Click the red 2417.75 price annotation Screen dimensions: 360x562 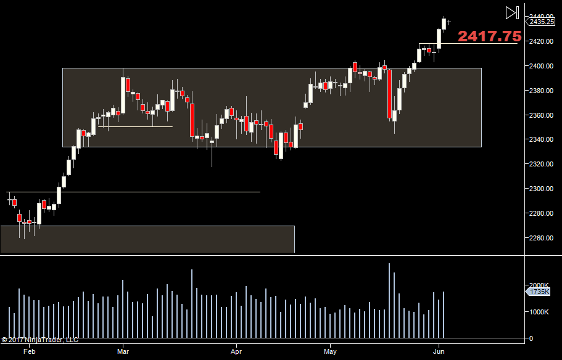click(x=489, y=36)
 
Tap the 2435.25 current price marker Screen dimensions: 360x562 click(x=541, y=22)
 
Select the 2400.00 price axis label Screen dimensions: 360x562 click(x=540, y=66)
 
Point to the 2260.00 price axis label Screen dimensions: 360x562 click(x=540, y=238)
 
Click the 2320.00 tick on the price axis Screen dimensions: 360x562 click(x=540, y=164)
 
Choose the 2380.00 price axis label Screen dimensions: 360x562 click(x=540, y=91)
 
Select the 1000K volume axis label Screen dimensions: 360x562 click(x=539, y=312)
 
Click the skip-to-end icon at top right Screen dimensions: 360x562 click(x=511, y=12)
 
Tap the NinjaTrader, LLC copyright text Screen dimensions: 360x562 click(x=40, y=339)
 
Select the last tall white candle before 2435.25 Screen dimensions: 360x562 click(x=439, y=38)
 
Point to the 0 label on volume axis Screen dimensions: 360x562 click(x=531, y=338)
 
